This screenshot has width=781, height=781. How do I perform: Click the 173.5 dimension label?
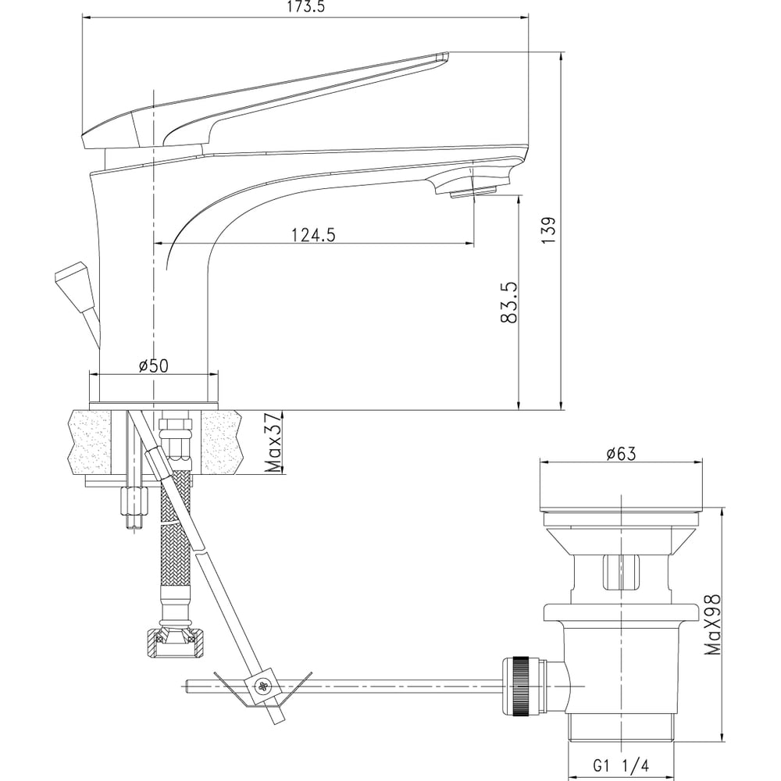306,7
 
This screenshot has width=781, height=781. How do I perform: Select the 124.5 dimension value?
313,234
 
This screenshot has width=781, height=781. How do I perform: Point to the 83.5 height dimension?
509,303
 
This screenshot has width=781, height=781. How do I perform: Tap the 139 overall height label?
548,230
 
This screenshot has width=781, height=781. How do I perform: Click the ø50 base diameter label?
154,366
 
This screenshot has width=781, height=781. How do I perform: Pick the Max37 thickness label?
273,443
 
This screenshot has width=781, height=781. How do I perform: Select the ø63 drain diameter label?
621,454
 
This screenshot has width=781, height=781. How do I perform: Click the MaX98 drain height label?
713,624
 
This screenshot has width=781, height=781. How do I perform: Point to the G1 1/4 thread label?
621,765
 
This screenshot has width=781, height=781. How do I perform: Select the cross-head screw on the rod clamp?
262,686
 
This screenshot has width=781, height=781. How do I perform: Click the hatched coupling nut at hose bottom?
176,644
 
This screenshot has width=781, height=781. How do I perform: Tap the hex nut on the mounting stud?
134,502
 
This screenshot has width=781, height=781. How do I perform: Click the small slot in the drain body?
621,572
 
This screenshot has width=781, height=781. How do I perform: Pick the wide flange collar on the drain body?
621,613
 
